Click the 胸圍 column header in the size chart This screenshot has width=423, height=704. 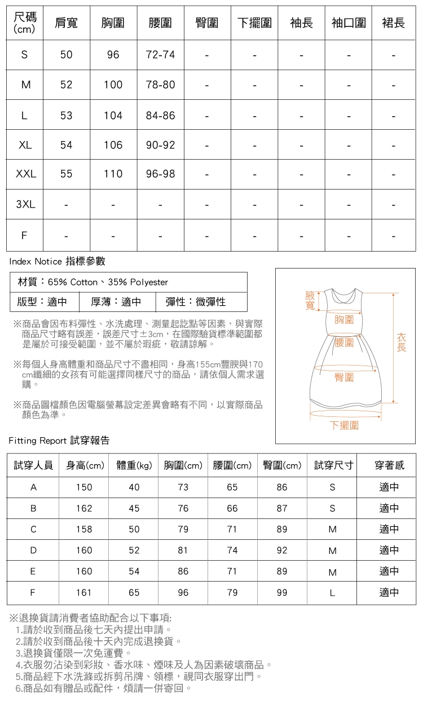[x=113, y=23]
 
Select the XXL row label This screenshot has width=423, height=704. [x=25, y=174]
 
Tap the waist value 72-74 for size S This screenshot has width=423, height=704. [x=160, y=55]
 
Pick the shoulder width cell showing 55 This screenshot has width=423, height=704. [x=66, y=174]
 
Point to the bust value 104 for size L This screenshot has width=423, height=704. [x=113, y=116]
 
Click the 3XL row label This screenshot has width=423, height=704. [x=25, y=204]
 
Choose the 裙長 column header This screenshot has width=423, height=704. [x=393, y=23]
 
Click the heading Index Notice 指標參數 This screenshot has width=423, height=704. [x=57, y=261]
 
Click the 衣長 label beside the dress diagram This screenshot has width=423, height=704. [x=401, y=342]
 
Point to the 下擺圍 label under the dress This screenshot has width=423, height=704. [x=344, y=425]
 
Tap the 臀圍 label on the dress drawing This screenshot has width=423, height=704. [x=344, y=377]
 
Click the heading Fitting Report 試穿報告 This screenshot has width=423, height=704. [x=59, y=441]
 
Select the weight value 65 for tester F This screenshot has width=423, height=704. [x=134, y=592]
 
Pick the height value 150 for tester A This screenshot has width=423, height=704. [x=84, y=487]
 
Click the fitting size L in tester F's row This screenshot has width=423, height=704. [x=332, y=592]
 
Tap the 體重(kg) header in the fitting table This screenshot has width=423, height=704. [x=134, y=465]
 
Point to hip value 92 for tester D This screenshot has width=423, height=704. [x=282, y=551]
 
